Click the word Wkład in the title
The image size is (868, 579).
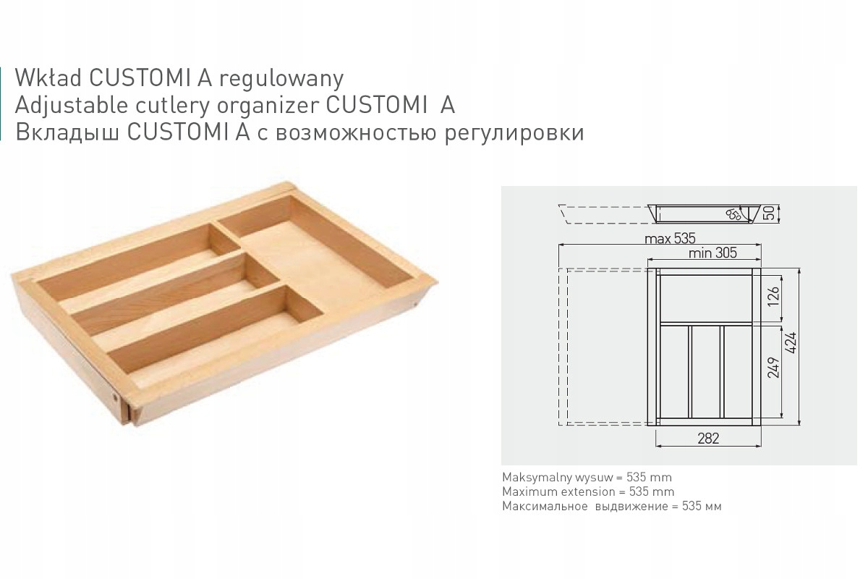[x=48, y=78]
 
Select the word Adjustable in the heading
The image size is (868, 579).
[x=72, y=105]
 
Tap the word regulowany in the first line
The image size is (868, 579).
[x=281, y=80]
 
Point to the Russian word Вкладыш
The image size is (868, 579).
[x=67, y=132]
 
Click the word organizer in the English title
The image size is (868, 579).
[x=268, y=106]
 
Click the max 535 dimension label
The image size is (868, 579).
[x=670, y=239]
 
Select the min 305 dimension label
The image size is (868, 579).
[x=712, y=253]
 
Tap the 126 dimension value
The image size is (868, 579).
[x=773, y=296]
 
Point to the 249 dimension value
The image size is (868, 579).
[x=773, y=368]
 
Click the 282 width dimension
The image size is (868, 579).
[x=708, y=438]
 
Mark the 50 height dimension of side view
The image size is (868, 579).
[x=769, y=213]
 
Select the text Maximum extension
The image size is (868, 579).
[x=558, y=491]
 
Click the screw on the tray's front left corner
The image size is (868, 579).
[x=115, y=397]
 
